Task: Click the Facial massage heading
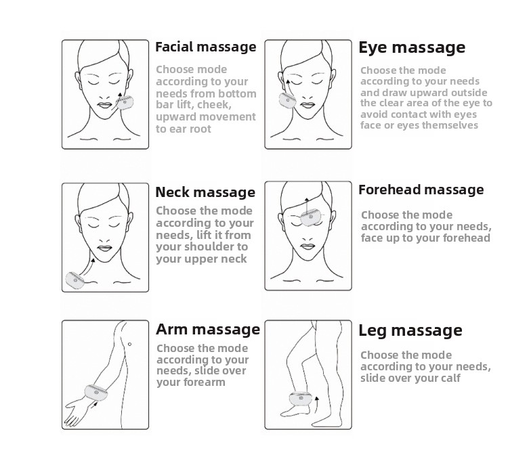tap(206, 47)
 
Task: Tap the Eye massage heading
tap(412, 48)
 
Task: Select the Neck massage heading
tap(205, 192)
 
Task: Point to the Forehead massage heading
tap(421, 190)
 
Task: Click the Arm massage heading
tap(208, 330)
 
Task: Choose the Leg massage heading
tap(410, 331)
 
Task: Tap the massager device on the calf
tap(301, 399)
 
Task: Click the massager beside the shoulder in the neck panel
tap(75, 280)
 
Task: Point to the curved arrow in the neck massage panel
tap(87, 266)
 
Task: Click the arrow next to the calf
tap(316, 405)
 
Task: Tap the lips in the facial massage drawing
tap(104, 106)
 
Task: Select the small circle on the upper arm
tap(129, 344)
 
